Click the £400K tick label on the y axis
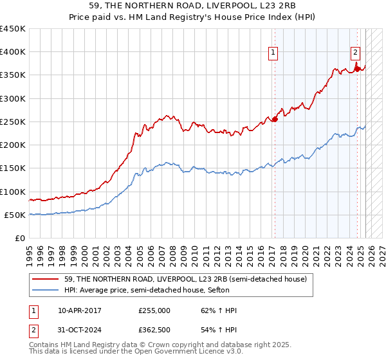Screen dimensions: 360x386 pos(13,52)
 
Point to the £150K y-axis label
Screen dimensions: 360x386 pos(13,168)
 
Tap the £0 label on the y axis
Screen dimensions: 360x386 pos(21,239)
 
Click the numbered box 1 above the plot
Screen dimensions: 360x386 pos(273,53)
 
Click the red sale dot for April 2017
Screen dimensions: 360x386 pos(275,119)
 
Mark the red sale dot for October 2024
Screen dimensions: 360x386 pos(357,69)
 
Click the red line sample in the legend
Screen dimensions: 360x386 pos(46,278)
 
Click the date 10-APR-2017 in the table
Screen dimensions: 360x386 pos(80,310)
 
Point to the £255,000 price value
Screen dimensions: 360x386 pos(154,310)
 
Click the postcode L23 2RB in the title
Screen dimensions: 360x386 pos(265,6)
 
